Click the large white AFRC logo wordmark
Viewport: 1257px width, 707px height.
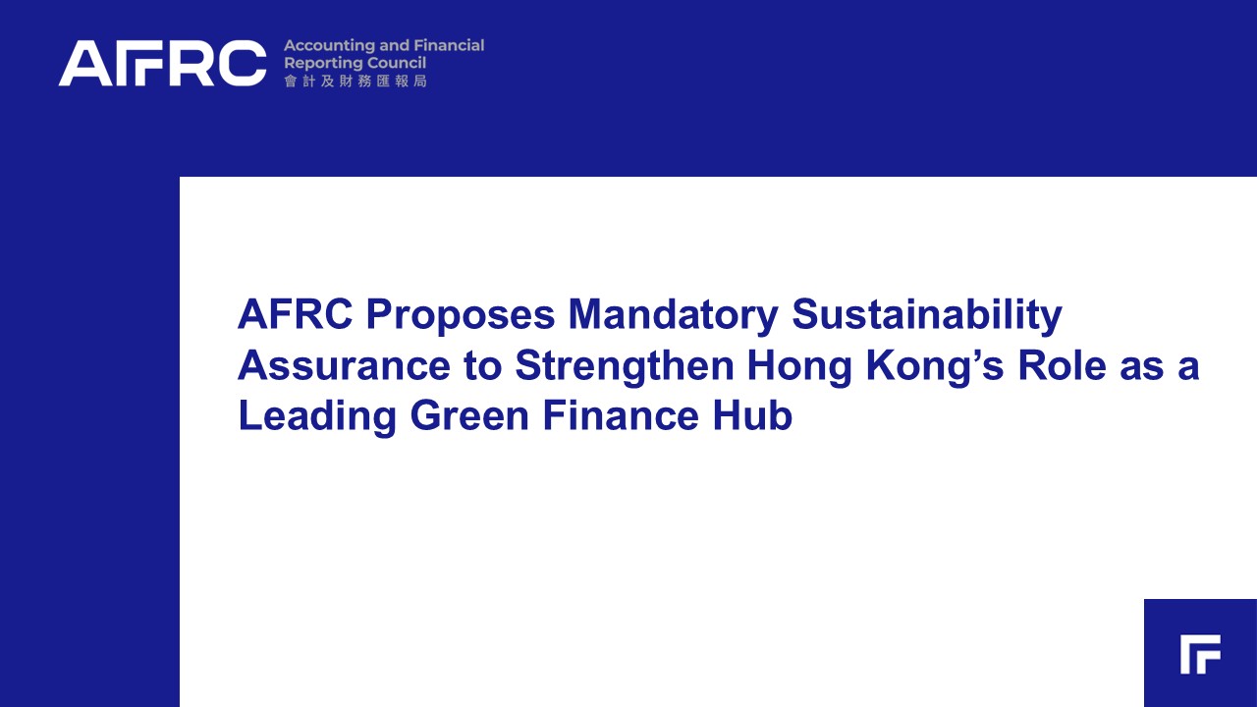[x=162, y=63]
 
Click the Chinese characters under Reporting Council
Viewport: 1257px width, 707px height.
[x=355, y=82]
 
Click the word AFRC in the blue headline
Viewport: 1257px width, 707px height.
[x=296, y=314]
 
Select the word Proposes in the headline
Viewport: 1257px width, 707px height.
[x=461, y=316]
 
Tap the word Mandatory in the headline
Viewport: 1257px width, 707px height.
[x=673, y=316]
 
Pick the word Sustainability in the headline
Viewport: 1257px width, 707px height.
[x=926, y=316]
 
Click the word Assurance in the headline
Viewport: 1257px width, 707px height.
[x=344, y=365]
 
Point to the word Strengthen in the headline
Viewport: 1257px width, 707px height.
[x=625, y=367]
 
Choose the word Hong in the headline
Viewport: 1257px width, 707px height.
[x=799, y=367]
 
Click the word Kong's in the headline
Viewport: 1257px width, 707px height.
[x=935, y=367]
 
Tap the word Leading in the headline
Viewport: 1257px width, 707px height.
[x=317, y=417]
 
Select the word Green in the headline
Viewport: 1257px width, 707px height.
[x=469, y=415]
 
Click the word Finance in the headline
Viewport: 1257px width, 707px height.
[x=621, y=415]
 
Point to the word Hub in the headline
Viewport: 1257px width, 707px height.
[x=752, y=415]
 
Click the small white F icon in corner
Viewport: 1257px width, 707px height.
[x=1200, y=654]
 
